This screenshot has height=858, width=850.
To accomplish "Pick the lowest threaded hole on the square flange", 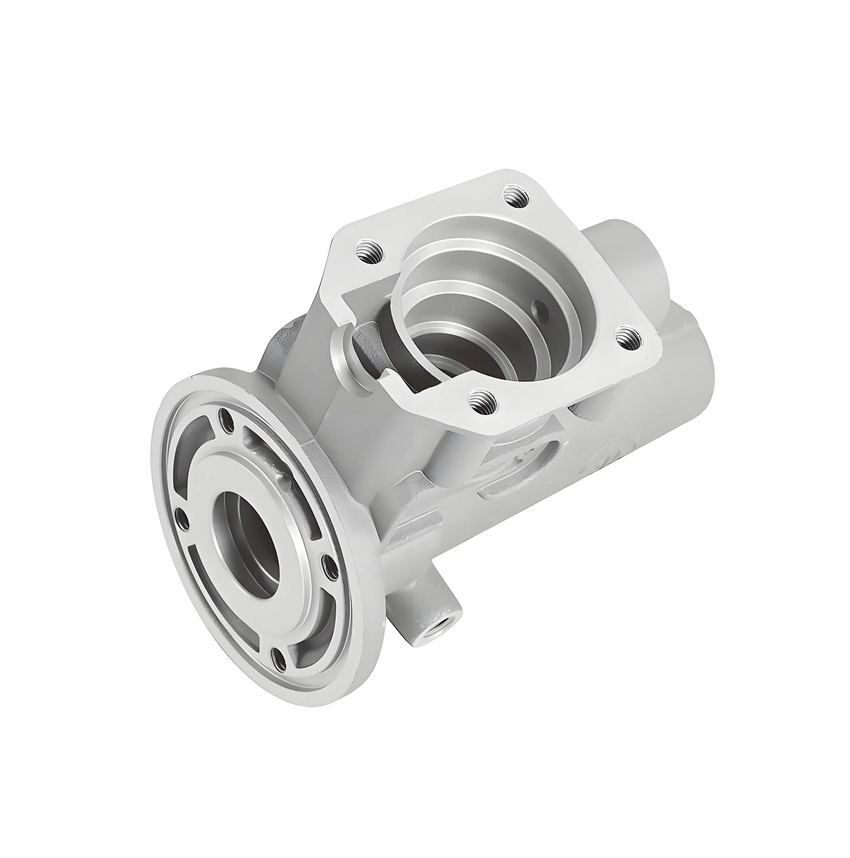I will pos(482,402).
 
